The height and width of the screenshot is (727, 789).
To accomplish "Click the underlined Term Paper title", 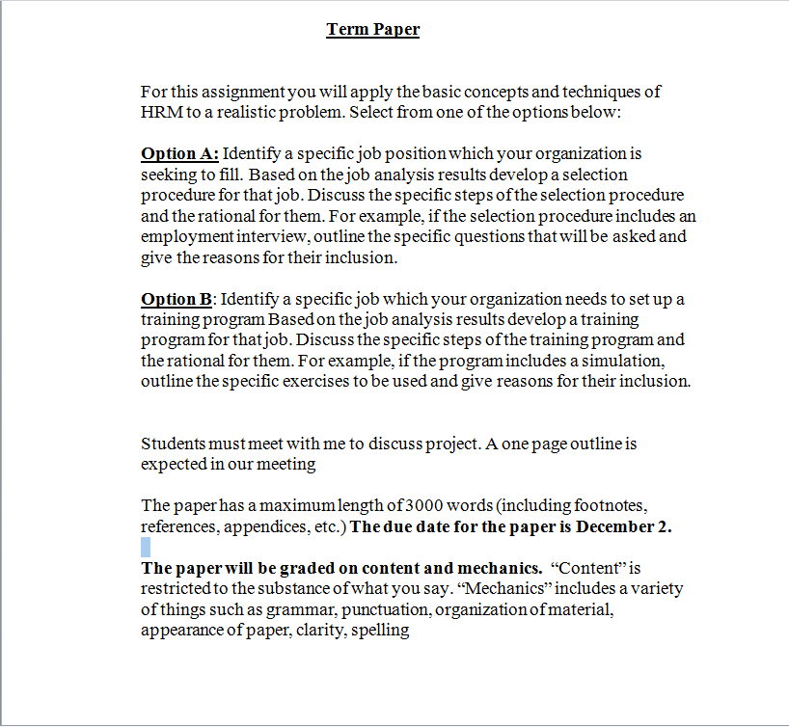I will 373,29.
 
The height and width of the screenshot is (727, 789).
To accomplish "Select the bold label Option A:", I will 180,153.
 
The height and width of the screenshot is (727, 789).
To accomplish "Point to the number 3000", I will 423,506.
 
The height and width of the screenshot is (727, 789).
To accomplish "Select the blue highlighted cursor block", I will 146,547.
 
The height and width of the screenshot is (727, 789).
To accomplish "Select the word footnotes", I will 609,506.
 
